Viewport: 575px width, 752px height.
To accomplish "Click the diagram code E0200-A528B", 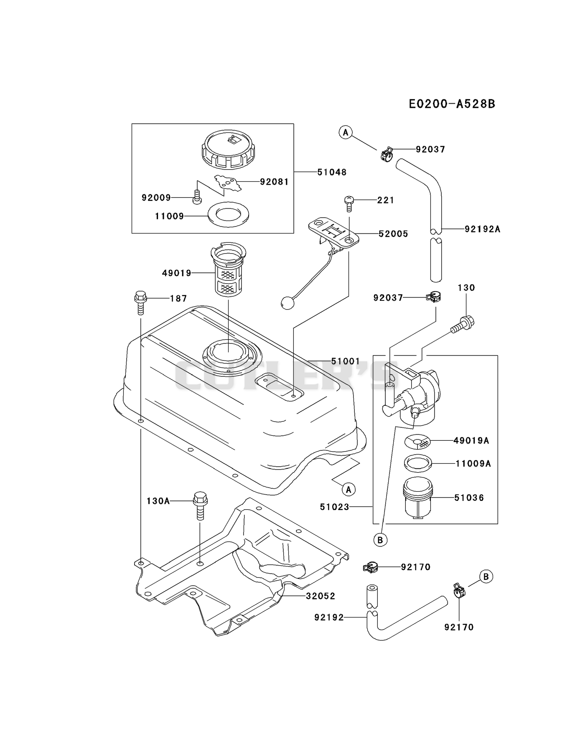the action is (x=452, y=104).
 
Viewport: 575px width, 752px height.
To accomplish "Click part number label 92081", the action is (x=274, y=182).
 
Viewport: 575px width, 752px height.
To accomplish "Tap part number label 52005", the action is (x=393, y=234).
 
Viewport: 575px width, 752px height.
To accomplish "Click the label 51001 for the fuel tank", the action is (x=346, y=361).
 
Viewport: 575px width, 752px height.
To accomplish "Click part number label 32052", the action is (x=321, y=596).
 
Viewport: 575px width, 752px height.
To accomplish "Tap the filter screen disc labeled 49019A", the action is (x=418, y=441).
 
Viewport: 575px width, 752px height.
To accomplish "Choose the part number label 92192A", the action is (x=482, y=229).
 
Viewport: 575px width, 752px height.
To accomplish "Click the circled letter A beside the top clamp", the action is (x=345, y=132).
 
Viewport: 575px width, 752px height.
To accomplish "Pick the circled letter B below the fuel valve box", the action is (x=380, y=540).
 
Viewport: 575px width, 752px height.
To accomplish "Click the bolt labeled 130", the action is (x=463, y=324).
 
